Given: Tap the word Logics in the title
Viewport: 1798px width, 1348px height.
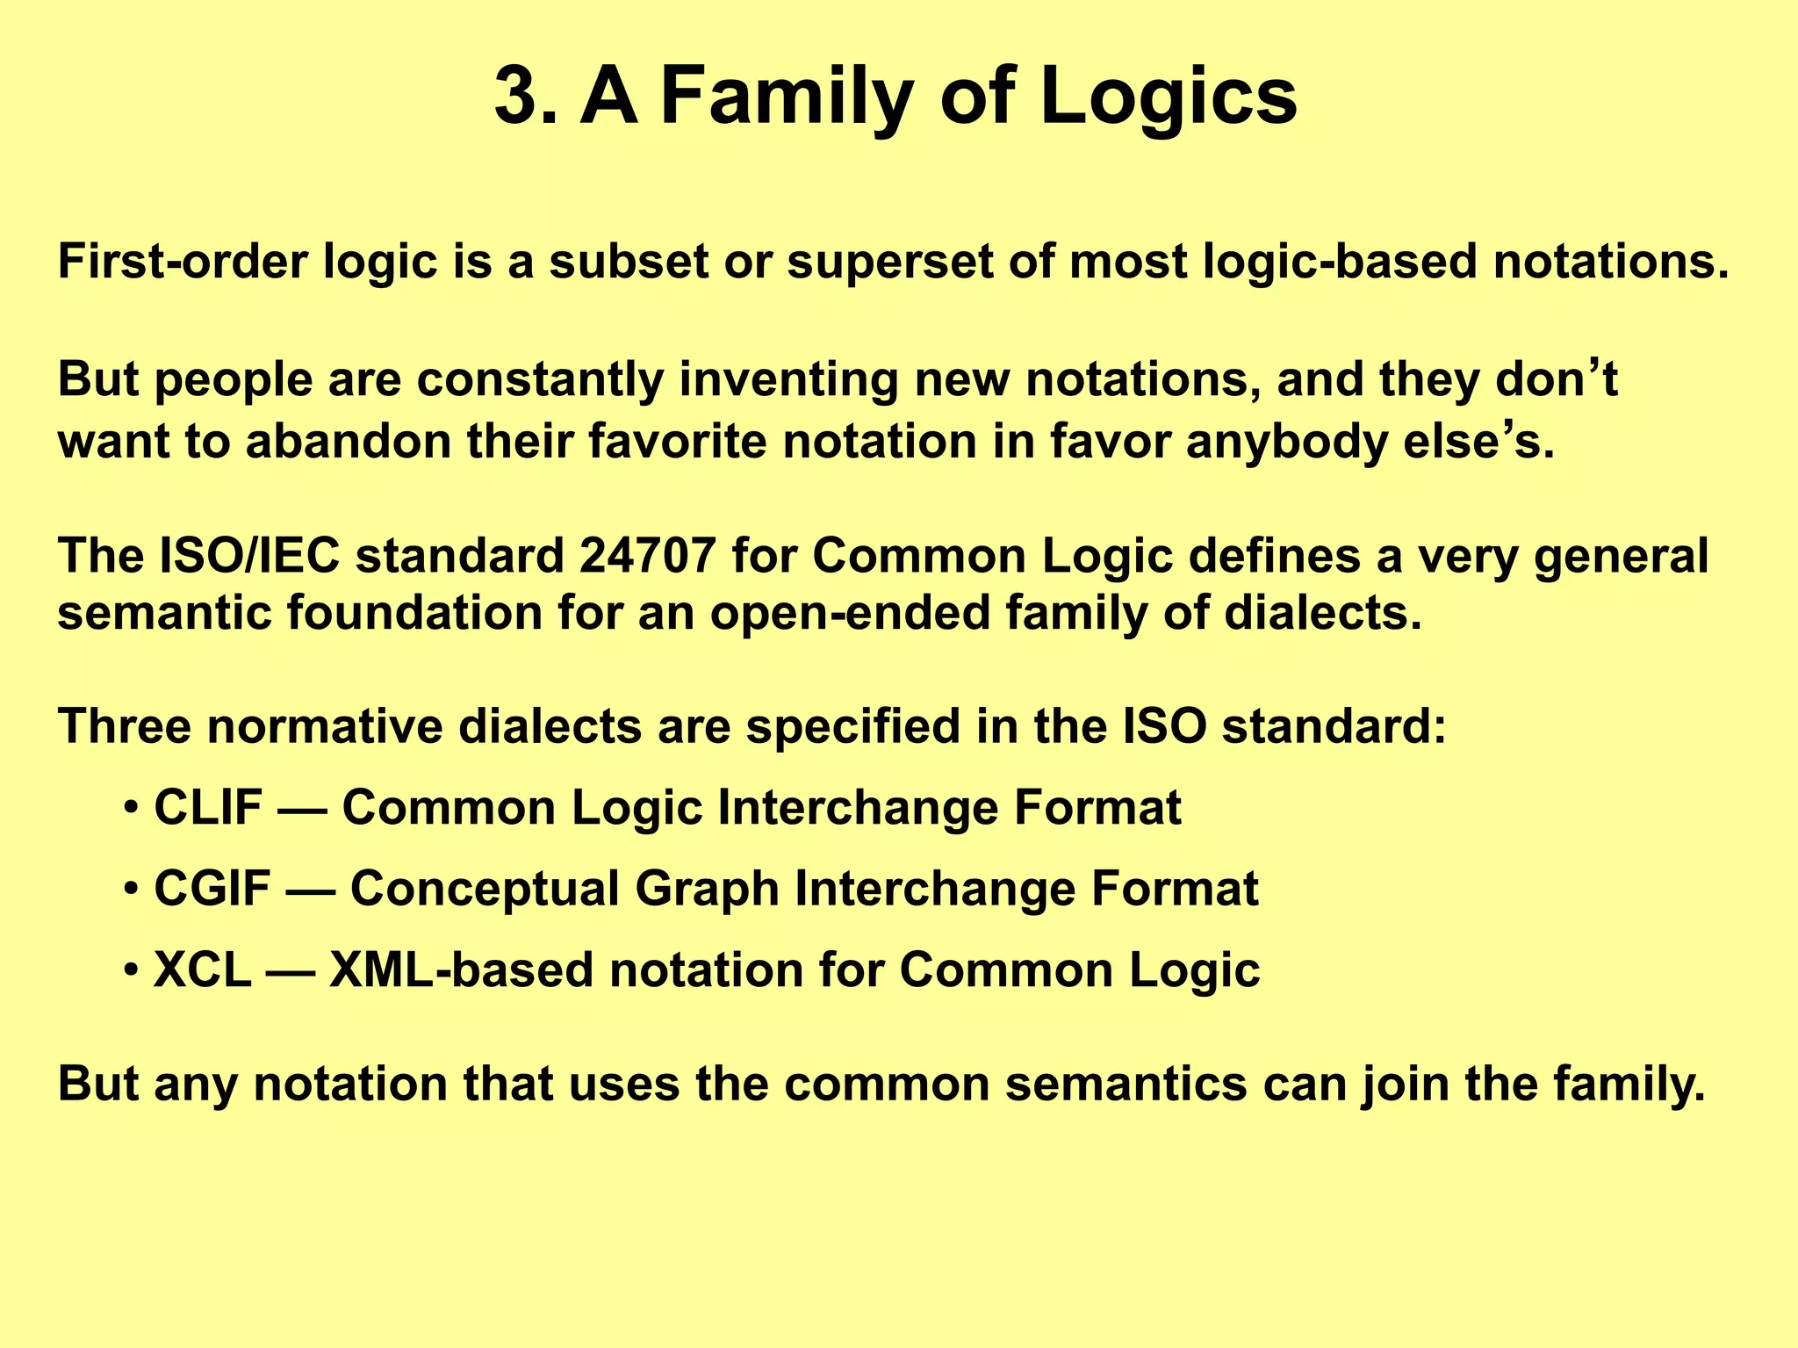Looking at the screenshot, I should click(1168, 98).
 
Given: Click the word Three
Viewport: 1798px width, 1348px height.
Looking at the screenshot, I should click(124, 726).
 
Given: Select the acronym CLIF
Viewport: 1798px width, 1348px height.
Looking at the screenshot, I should click(207, 807).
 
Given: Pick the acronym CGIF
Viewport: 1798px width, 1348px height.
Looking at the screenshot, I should click(212, 888).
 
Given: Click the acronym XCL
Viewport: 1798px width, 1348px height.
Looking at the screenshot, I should click(202, 970).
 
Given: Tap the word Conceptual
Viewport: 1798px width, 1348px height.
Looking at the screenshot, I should click(485, 888).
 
